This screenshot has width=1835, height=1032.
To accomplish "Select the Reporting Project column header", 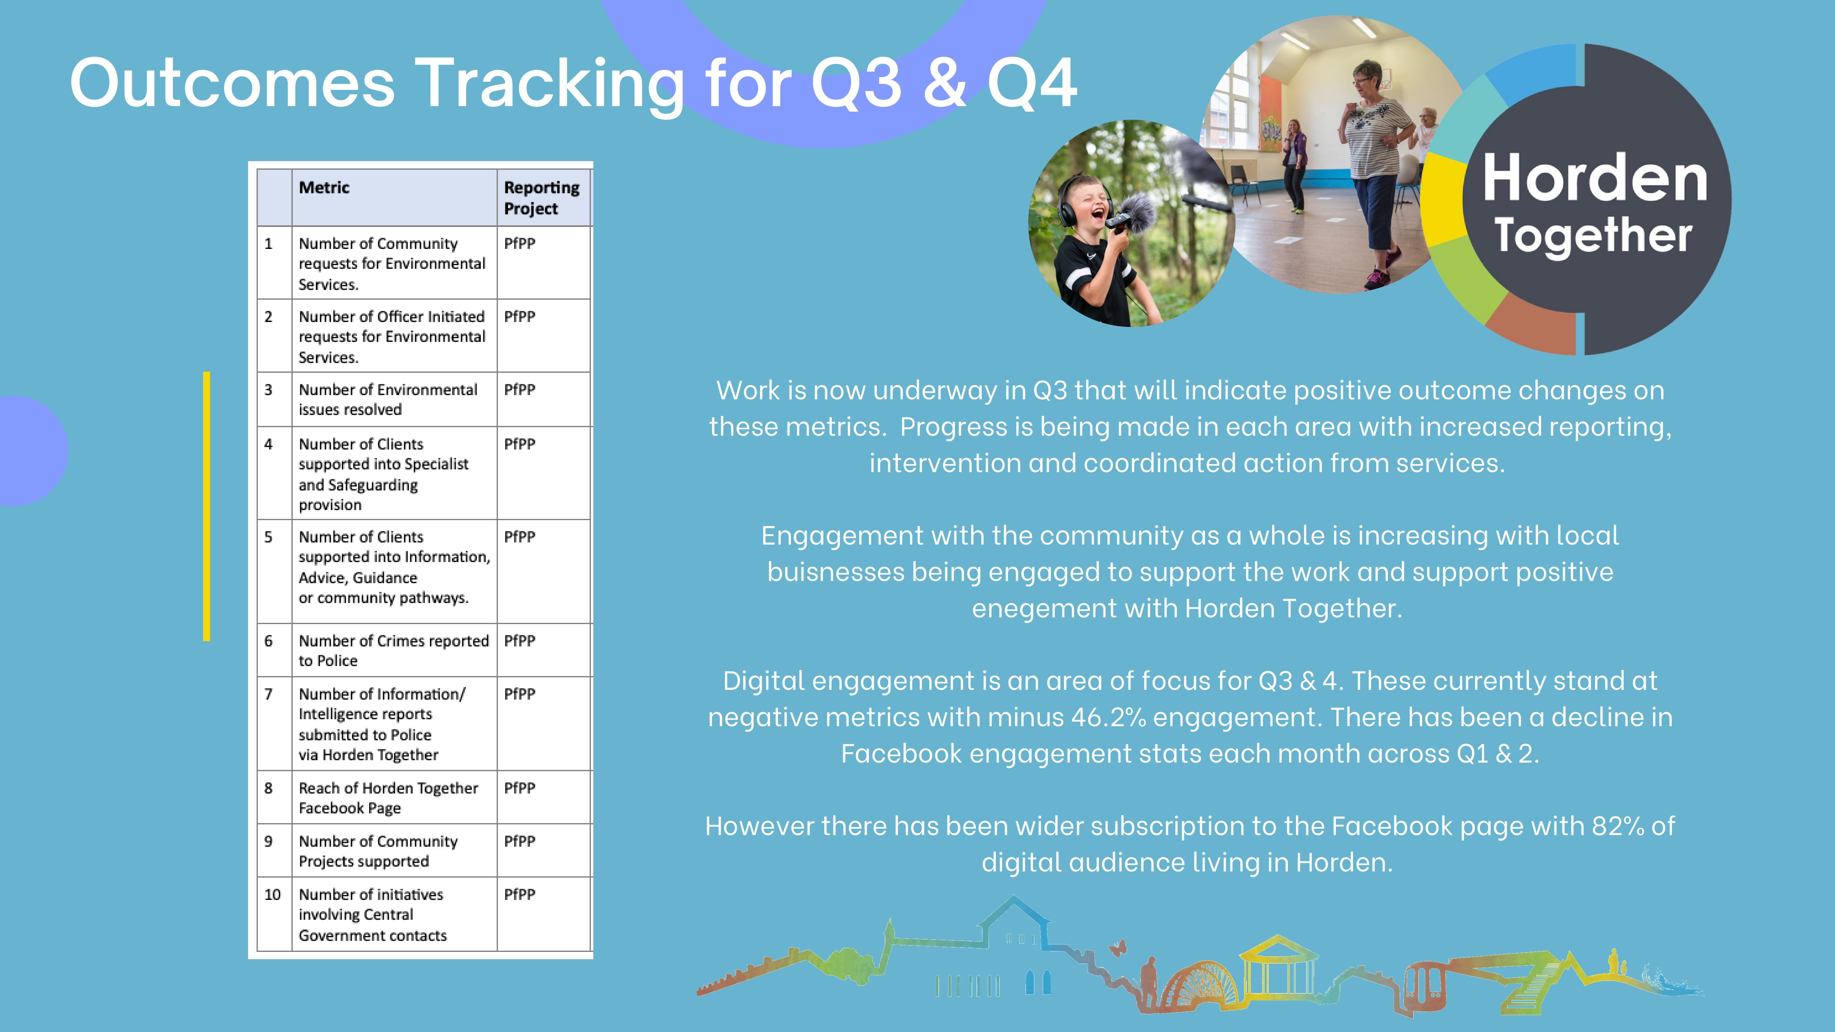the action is pyautogui.click(x=541, y=198).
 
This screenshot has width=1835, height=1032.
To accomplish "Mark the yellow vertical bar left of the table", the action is pyautogui.click(x=206, y=506).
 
